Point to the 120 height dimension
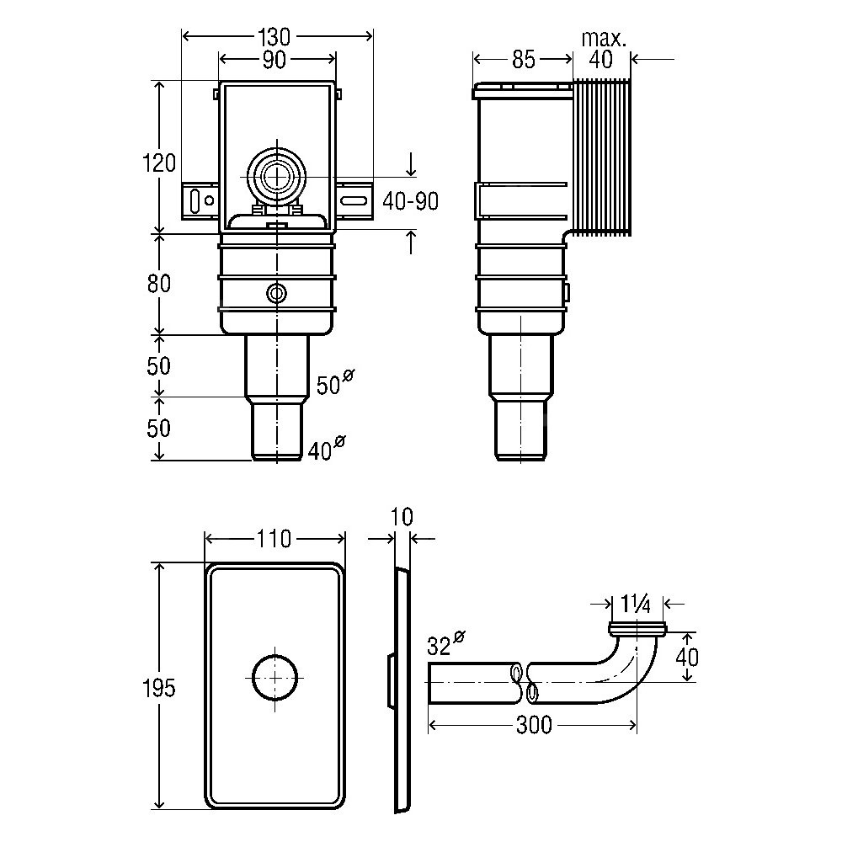click(158, 163)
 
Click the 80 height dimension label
click(158, 284)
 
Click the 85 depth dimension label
click(523, 60)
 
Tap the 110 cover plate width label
click(274, 538)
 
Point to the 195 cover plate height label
click(158, 688)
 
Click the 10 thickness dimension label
click(402, 516)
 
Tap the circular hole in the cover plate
click(275, 676)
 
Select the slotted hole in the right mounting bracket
click(354, 200)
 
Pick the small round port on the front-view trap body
click(275, 293)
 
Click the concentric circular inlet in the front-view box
click(274, 177)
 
